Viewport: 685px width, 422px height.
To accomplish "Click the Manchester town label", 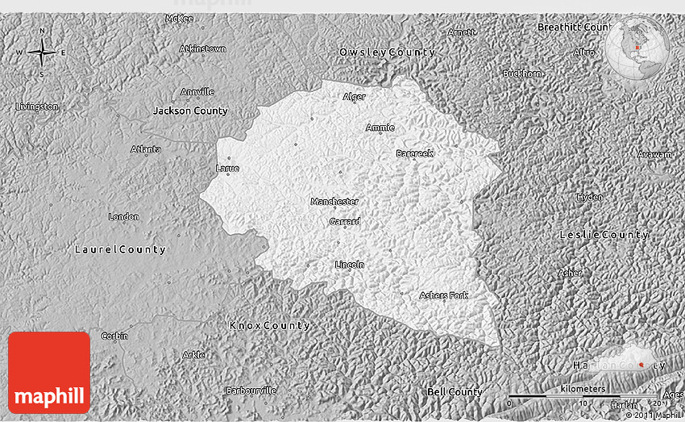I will (x=334, y=202).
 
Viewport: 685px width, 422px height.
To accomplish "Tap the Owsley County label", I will (x=387, y=52).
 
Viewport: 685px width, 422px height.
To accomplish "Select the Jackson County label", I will (x=190, y=111).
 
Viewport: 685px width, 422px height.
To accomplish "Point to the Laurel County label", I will (x=120, y=249).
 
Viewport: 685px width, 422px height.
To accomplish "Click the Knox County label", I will (x=269, y=325).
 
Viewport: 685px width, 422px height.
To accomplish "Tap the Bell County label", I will (x=455, y=392).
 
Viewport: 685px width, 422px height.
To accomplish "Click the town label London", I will (x=124, y=216).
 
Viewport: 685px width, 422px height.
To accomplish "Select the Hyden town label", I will (x=589, y=197).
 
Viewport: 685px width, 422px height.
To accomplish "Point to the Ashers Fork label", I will (x=443, y=295).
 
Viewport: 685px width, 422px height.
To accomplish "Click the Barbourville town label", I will (x=251, y=391).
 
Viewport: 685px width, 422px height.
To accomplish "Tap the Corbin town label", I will (x=114, y=336).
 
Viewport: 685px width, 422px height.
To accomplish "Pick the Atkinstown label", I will (x=202, y=48).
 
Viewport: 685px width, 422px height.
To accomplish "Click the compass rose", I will (x=42, y=53).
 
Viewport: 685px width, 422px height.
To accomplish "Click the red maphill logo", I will (x=49, y=372).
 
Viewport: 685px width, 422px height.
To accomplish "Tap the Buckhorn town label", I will (x=522, y=73).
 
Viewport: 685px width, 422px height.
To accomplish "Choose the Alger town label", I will (x=354, y=97).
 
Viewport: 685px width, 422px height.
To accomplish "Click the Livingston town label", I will (x=37, y=107).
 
